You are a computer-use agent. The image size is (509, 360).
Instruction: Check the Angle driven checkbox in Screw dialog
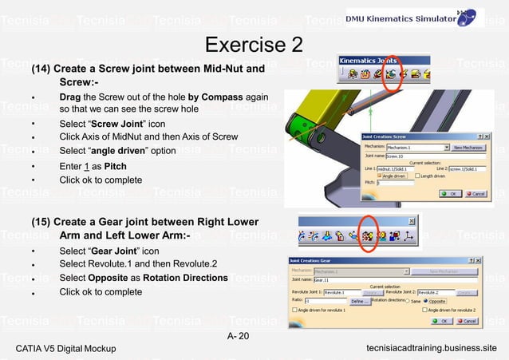pyautogui.click(x=381, y=176)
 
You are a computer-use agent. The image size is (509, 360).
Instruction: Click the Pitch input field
pyautogui.click(x=396, y=184)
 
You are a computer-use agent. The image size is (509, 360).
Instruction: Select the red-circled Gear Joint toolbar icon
pyautogui.click(x=369, y=237)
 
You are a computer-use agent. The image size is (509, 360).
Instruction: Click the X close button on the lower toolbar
pyautogui.click(x=412, y=221)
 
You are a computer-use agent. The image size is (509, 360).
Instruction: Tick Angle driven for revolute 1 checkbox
pyautogui.click(x=295, y=310)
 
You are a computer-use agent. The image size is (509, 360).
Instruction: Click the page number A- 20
pyautogui.click(x=238, y=335)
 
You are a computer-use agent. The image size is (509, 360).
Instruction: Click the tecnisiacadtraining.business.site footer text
pyautogui.click(x=431, y=349)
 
